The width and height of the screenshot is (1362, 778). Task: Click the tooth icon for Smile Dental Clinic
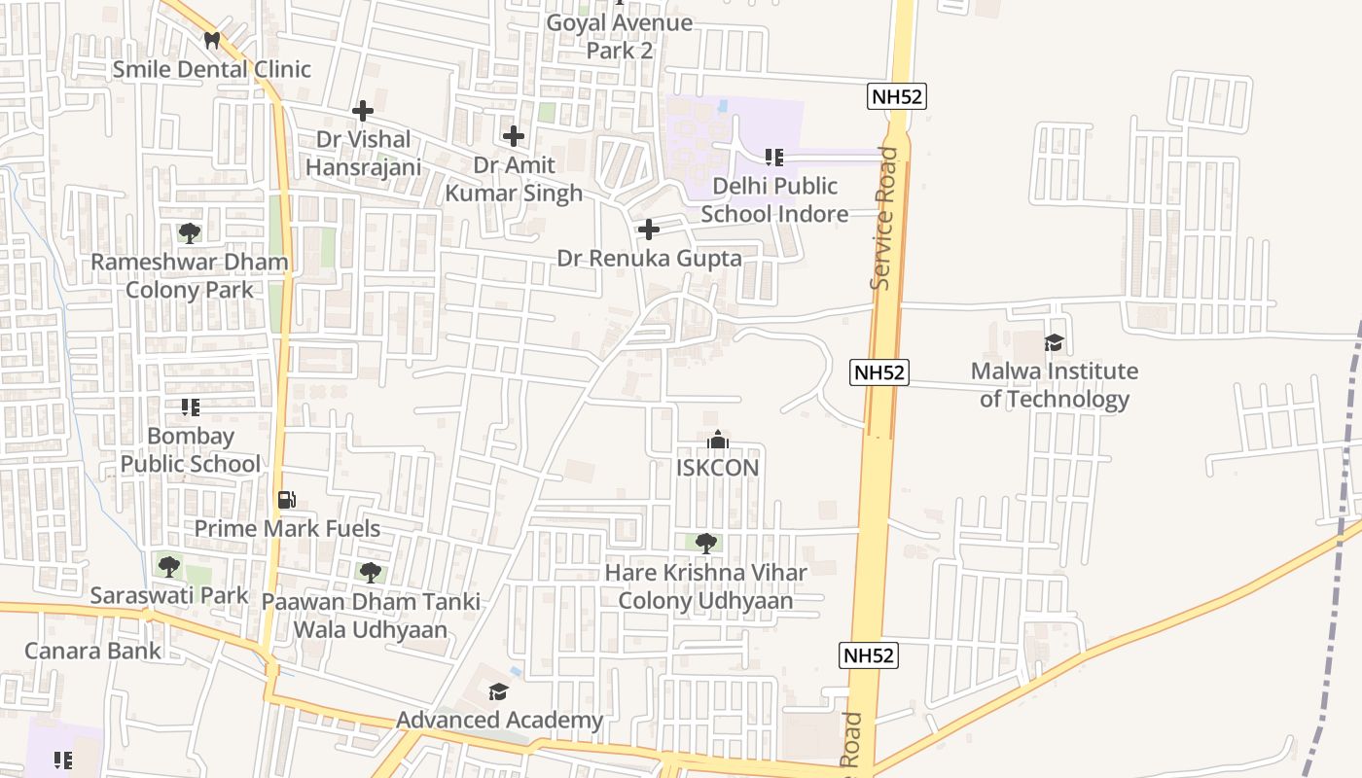click(211, 40)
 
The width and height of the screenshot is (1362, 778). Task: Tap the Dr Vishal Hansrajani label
click(364, 153)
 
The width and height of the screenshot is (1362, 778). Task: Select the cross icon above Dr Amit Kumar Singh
click(514, 136)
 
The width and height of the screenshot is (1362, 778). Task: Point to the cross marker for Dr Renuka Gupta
click(648, 230)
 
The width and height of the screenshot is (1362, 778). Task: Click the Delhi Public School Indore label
click(774, 199)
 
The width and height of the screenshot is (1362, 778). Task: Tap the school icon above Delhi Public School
click(774, 157)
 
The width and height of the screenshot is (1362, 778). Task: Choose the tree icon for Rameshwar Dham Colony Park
click(190, 233)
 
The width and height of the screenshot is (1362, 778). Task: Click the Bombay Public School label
click(191, 449)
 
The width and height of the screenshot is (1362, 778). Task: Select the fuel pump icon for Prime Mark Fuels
click(286, 500)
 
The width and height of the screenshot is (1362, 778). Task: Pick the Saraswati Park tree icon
click(169, 566)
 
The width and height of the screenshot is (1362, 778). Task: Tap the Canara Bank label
click(93, 651)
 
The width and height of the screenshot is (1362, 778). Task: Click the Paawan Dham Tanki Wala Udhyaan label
click(371, 615)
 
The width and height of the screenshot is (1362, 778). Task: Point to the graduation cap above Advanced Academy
click(498, 691)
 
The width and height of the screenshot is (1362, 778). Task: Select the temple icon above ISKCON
click(718, 441)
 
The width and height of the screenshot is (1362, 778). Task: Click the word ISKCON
click(718, 468)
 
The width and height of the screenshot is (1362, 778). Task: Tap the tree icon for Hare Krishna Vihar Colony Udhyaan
click(706, 544)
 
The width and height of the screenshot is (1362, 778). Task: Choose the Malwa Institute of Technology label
click(1055, 384)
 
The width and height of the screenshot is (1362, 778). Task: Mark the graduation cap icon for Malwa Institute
click(1054, 342)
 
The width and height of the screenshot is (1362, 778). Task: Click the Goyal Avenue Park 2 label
click(620, 36)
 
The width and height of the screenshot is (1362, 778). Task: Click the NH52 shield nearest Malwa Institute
click(879, 372)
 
